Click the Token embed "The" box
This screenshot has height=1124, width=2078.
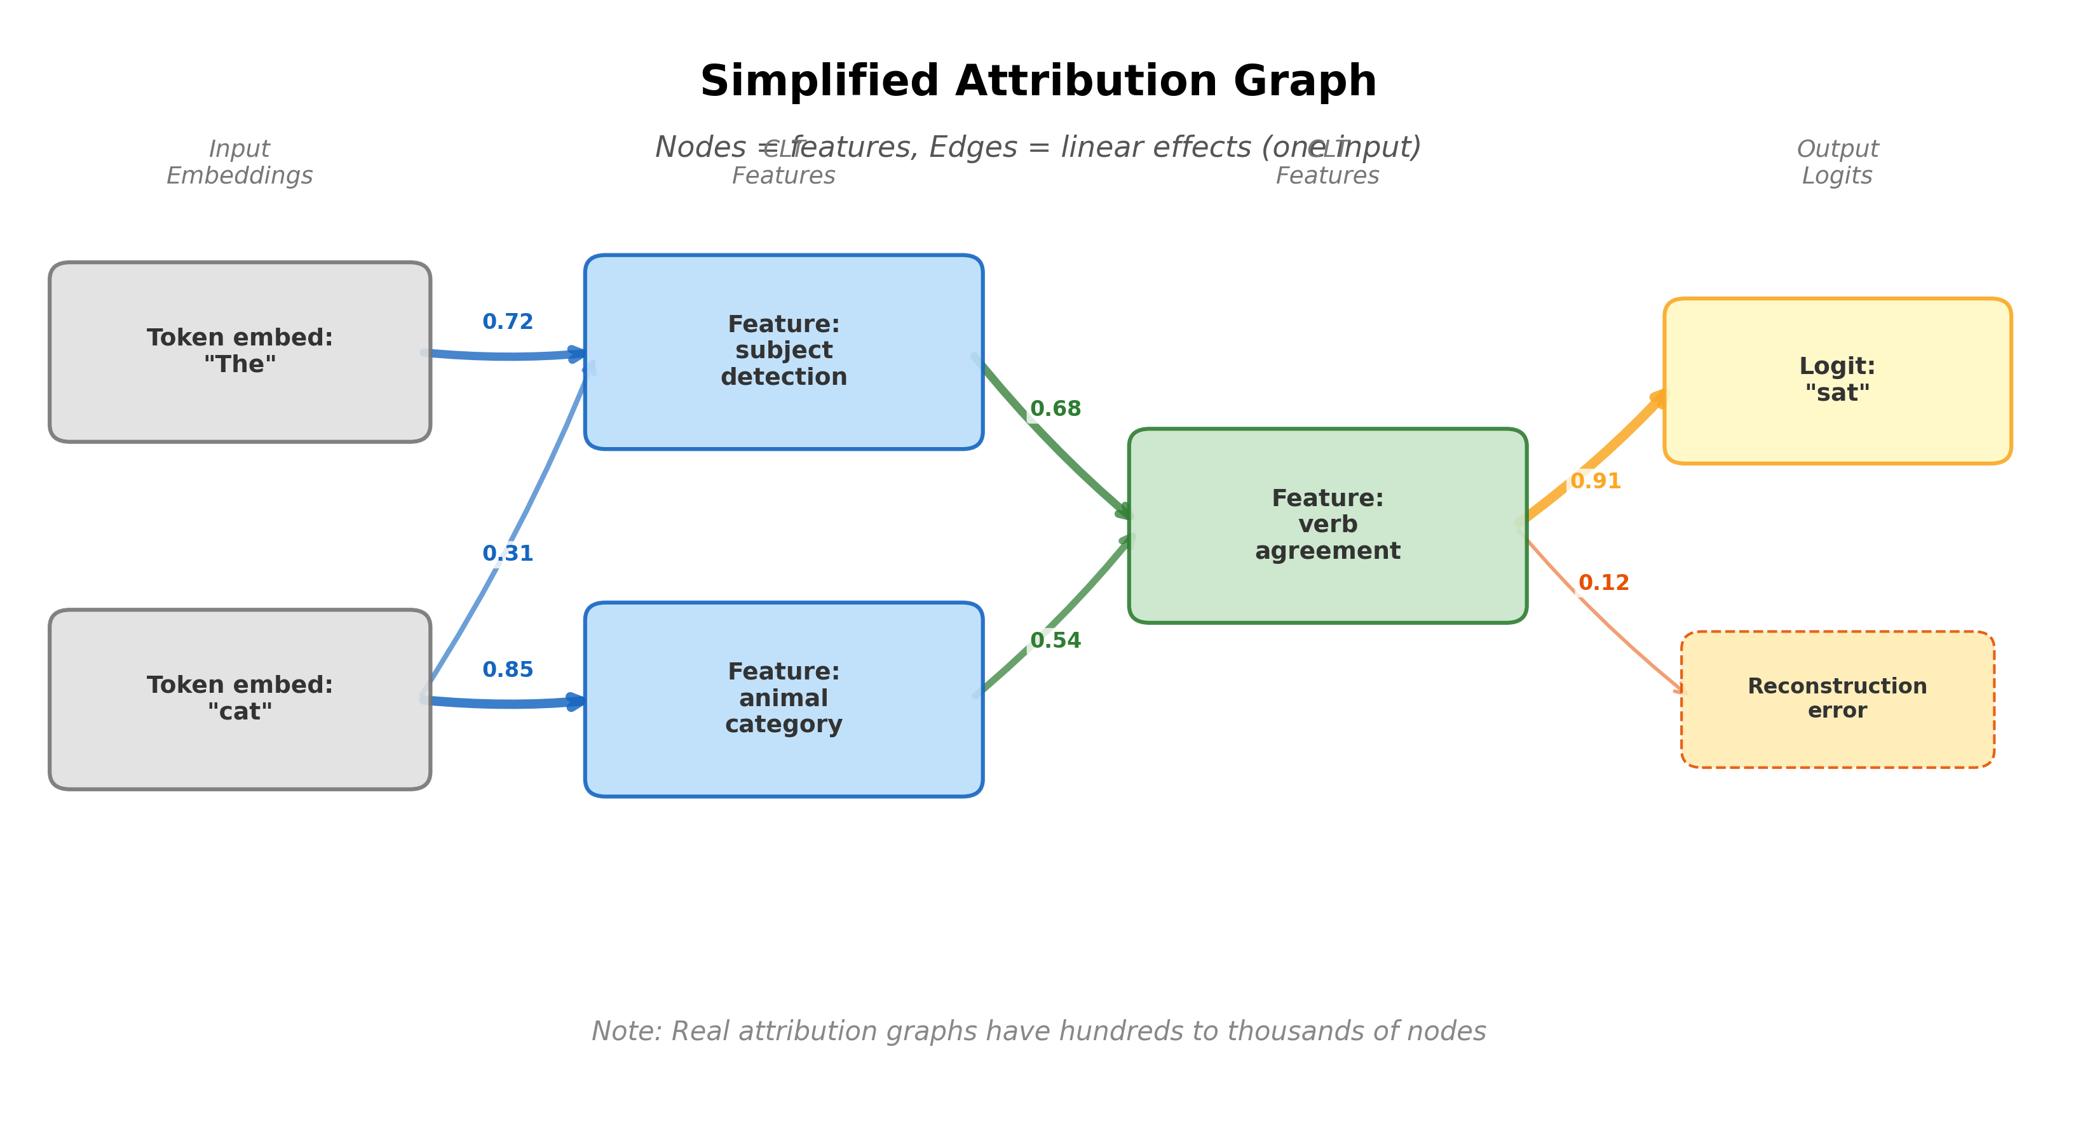click(x=240, y=352)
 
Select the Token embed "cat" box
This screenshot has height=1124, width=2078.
click(x=240, y=699)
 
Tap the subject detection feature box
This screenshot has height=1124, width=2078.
click(x=784, y=352)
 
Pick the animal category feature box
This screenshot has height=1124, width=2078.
click(x=784, y=699)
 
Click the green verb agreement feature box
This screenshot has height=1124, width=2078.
click(x=1327, y=525)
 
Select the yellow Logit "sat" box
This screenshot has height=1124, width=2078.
click(x=1837, y=380)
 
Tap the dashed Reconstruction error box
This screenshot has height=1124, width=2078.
click(x=1837, y=699)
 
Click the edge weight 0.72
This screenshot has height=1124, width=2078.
click(x=507, y=322)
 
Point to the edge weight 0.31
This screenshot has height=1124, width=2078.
click(x=507, y=554)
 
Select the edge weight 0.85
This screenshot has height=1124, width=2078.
click(x=507, y=670)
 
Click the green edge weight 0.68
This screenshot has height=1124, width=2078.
click(x=1055, y=409)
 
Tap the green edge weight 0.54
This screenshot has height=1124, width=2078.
click(x=1055, y=640)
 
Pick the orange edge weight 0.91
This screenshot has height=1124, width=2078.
click(x=1595, y=481)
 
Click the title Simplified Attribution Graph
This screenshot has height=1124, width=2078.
click(x=1038, y=81)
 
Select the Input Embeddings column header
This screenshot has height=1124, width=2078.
click(x=240, y=162)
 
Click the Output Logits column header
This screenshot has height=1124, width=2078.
click(x=1837, y=162)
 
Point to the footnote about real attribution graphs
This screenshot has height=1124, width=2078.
click(x=1038, y=1031)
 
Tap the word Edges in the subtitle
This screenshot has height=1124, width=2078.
click(x=973, y=147)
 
